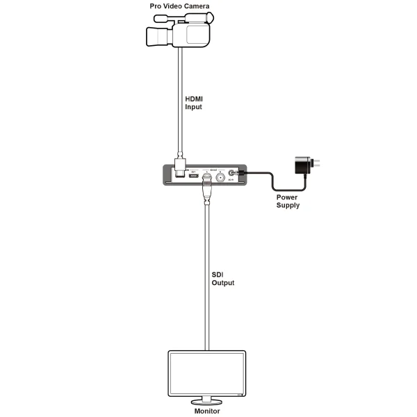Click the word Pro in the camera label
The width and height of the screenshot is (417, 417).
pyautogui.click(x=158, y=6)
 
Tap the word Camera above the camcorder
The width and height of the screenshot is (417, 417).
pyautogui.click(x=195, y=6)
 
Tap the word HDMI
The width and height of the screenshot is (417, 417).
pyautogui.click(x=194, y=99)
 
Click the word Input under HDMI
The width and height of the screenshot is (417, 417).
pyautogui.click(x=193, y=108)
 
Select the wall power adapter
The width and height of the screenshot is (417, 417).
pyautogui.click(x=302, y=166)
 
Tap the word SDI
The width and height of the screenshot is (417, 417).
pyautogui.click(x=218, y=275)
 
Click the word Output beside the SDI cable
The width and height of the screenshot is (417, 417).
pyautogui.click(x=223, y=283)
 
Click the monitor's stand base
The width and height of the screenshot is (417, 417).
pyautogui.click(x=206, y=402)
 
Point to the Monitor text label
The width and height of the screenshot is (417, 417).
pyautogui.click(x=206, y=411)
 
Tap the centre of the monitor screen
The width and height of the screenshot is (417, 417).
pyautogui.click(x=206, y=373)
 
